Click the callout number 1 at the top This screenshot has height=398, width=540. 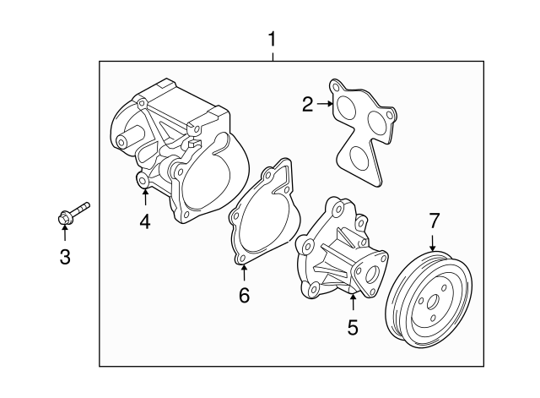pyautogui.click(x=272, y=39)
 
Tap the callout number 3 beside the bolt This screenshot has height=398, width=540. pyautogui.click(x=65, y=257)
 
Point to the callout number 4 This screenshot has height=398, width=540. pyautogui.click(x=145, y=222)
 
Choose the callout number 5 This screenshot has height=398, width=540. pyautogui.click(x=353, y=325)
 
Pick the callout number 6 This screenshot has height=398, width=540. pyautogui.click(x=244, y=295)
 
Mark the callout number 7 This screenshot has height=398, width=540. pyautogui.click(x=434, y=221)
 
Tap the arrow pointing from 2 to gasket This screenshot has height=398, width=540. pyautogui.click(x=324, y=104)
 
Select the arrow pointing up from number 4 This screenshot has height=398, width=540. pyautogui.click(x=145, y=198)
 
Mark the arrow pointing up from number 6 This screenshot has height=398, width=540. pyautogui.click(x=244, y=273)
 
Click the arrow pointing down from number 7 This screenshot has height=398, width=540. pyautogui.click(x=434, y=242)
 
